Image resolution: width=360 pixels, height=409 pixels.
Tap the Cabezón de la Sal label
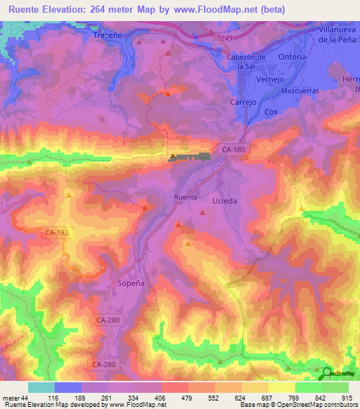tap(245, 62)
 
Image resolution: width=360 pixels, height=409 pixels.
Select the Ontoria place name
tap(292, 56)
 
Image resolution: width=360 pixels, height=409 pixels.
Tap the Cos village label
tap(271, 112)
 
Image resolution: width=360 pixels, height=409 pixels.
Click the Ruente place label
tap(186, 197)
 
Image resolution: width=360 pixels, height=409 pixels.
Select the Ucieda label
tap(224, 200)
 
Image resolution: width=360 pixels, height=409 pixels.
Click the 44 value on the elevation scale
tap(24, 398)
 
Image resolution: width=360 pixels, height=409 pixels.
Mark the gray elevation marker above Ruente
tap(190, 157)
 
